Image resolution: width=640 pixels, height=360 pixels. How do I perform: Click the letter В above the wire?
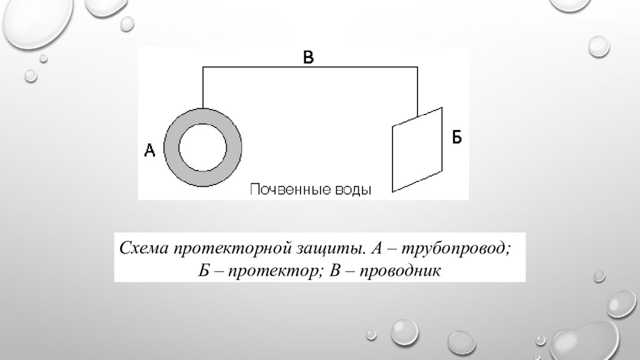point(309,57)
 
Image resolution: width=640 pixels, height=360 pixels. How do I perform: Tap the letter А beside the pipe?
point(150,150)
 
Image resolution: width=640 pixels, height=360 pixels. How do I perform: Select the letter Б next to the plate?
point(457,137)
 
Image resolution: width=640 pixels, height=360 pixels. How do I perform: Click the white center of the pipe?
point(202,147)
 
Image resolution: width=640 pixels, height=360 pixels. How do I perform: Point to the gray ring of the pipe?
point(171,147)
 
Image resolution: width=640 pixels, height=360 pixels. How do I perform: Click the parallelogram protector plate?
point(417,149)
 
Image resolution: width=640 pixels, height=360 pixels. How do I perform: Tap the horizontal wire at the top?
point(310,67)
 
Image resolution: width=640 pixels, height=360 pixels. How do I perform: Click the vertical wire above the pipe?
point(203,87)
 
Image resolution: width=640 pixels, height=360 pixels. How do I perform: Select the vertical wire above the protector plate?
point(417,92)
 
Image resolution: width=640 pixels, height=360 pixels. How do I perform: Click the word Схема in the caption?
point(144,247)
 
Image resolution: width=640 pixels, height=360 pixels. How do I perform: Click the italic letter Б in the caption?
point(204,270)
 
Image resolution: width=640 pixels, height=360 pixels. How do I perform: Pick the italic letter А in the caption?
point(376,247)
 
